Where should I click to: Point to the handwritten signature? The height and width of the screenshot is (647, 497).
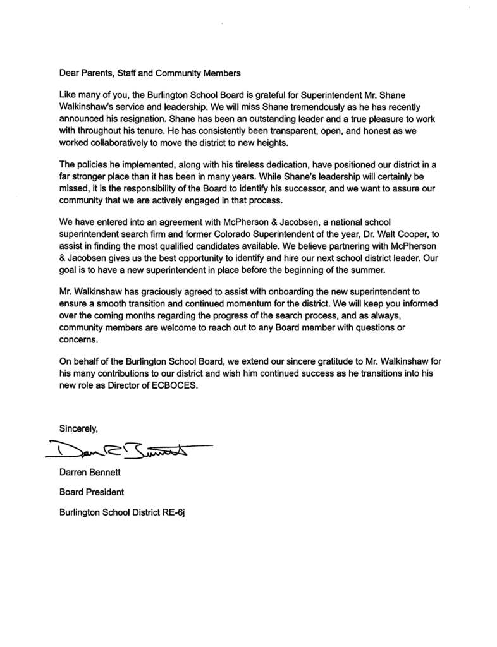(x=126, y=449)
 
